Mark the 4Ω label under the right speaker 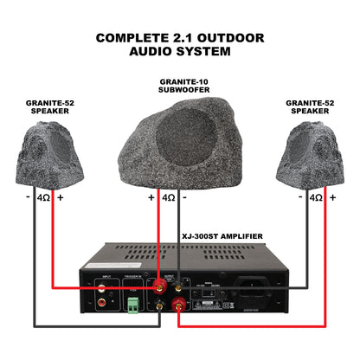click(x=315, y=197)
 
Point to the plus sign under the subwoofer click(x=151, y=197)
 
